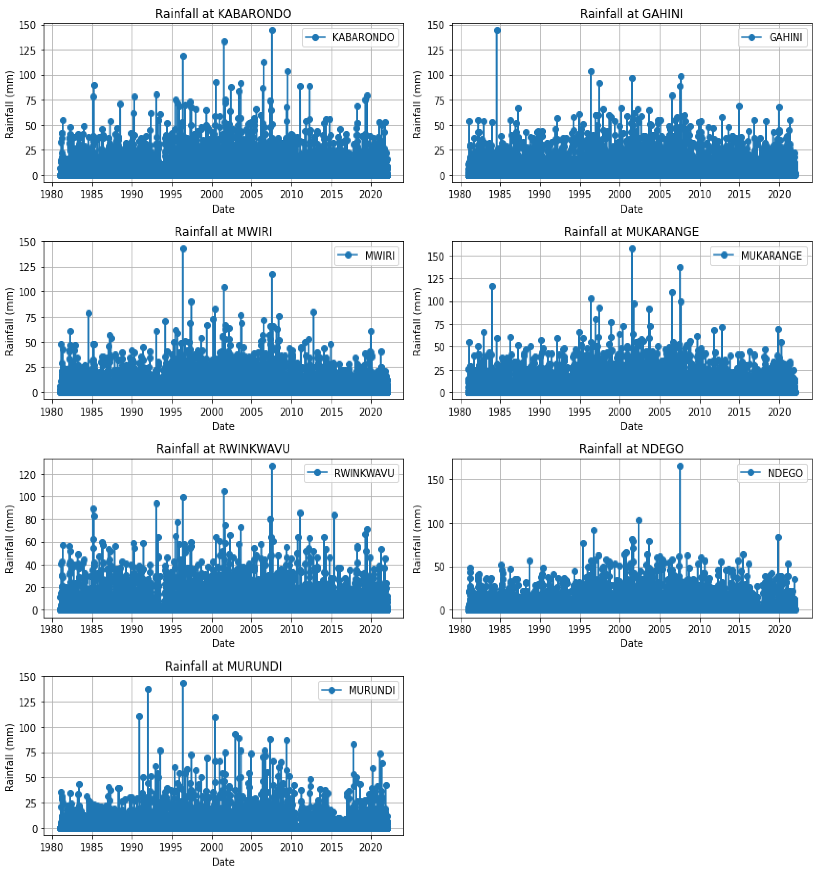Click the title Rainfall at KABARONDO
tap(223, 14)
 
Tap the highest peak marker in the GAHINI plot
tap(497, 31)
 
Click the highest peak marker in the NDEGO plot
tap(680, 466)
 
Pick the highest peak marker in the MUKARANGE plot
tap(632, 249)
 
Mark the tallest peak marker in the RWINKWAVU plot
tap(272, 466)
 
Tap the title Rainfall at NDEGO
tap(631, 449)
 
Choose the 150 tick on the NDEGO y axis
tap(435, 480)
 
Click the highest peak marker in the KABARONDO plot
tap(272, 31)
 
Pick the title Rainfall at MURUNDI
tap(223, 666)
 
